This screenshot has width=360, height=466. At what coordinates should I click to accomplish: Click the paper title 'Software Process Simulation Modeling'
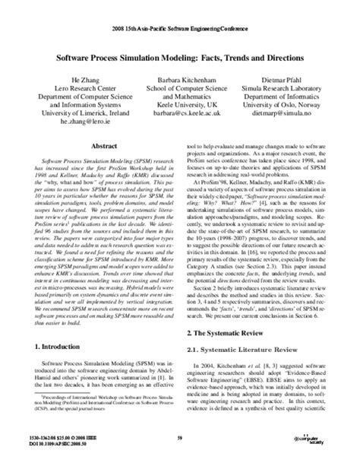180,57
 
